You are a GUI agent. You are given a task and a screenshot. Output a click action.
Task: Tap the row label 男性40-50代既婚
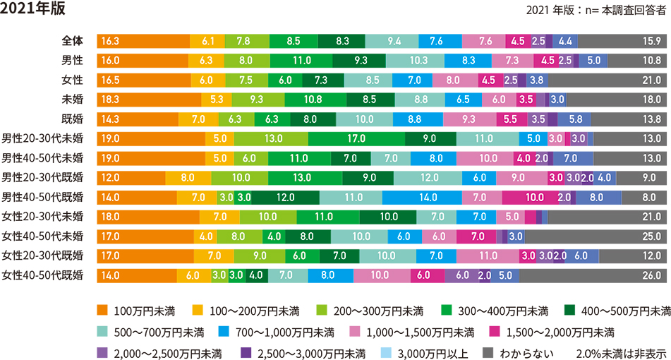point(42,197)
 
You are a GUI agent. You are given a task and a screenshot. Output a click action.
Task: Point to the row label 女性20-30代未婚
point(42,216)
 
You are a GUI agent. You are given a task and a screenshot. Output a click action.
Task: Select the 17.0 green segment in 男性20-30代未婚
point(356,139)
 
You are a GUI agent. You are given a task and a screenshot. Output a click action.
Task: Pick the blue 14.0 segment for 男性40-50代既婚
point(426,197)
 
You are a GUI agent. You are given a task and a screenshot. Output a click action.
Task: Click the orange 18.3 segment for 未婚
point(149,100)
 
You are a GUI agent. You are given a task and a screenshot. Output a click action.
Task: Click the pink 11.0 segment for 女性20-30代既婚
point(488,255)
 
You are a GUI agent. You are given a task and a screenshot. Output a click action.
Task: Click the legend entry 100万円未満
point(144,311)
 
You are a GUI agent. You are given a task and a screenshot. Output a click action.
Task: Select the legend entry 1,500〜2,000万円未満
point(560,332)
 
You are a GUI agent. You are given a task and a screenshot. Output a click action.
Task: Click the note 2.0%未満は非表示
point(621,352)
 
